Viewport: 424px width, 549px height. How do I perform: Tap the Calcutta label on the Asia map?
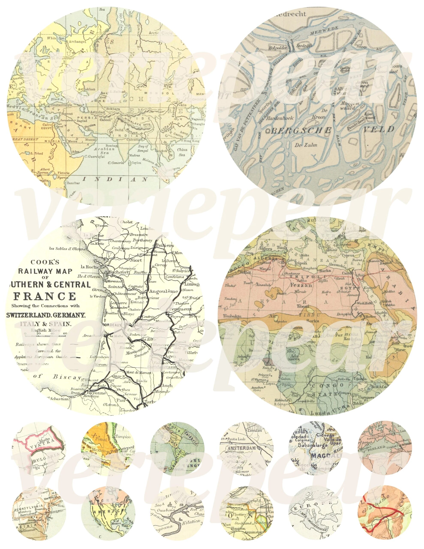pos(133,140)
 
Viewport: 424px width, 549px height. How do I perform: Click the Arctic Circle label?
pos(161,33)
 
